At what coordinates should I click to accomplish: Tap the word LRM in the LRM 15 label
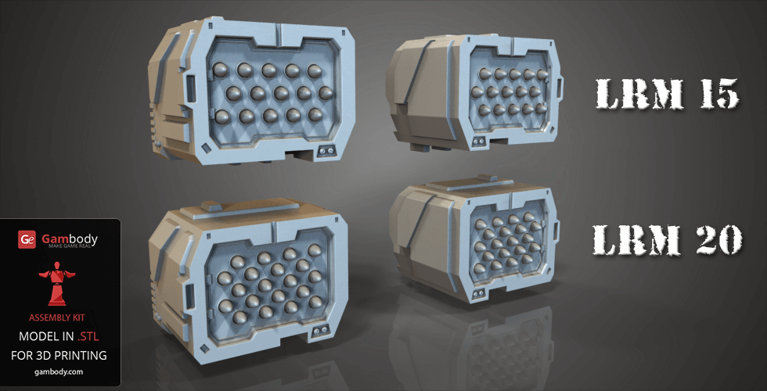tap(632, 95)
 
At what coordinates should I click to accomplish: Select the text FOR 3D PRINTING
tap(59, 354)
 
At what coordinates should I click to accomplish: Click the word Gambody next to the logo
tap(66, 236)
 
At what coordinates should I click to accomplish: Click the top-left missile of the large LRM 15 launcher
tap(221, 70)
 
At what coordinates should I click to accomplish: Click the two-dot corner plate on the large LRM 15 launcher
tap(326, 150)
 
